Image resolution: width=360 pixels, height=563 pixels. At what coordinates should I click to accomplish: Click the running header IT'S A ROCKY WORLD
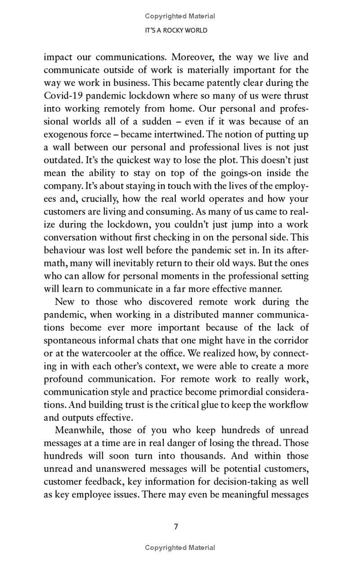pos(180,30)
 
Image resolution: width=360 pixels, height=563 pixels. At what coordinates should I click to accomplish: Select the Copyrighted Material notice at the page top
pos(180,16)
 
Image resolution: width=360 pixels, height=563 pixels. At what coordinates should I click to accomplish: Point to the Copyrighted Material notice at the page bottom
pos(180,547)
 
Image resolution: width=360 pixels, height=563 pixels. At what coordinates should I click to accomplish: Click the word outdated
pos(64,160)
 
